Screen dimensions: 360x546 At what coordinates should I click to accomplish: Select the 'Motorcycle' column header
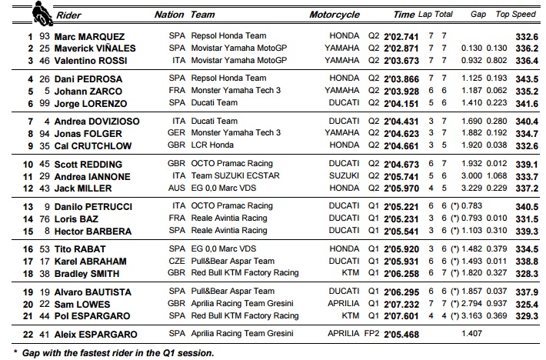[x=335, y=15]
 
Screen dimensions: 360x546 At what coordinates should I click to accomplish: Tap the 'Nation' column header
[x=169, y=15]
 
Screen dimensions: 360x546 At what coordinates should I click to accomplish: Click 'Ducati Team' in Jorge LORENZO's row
[x=213, y=102]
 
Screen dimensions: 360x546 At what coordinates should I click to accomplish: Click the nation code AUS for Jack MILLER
[x=177, y=188]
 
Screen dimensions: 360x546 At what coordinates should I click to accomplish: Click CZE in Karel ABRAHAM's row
[x=177, y=262]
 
